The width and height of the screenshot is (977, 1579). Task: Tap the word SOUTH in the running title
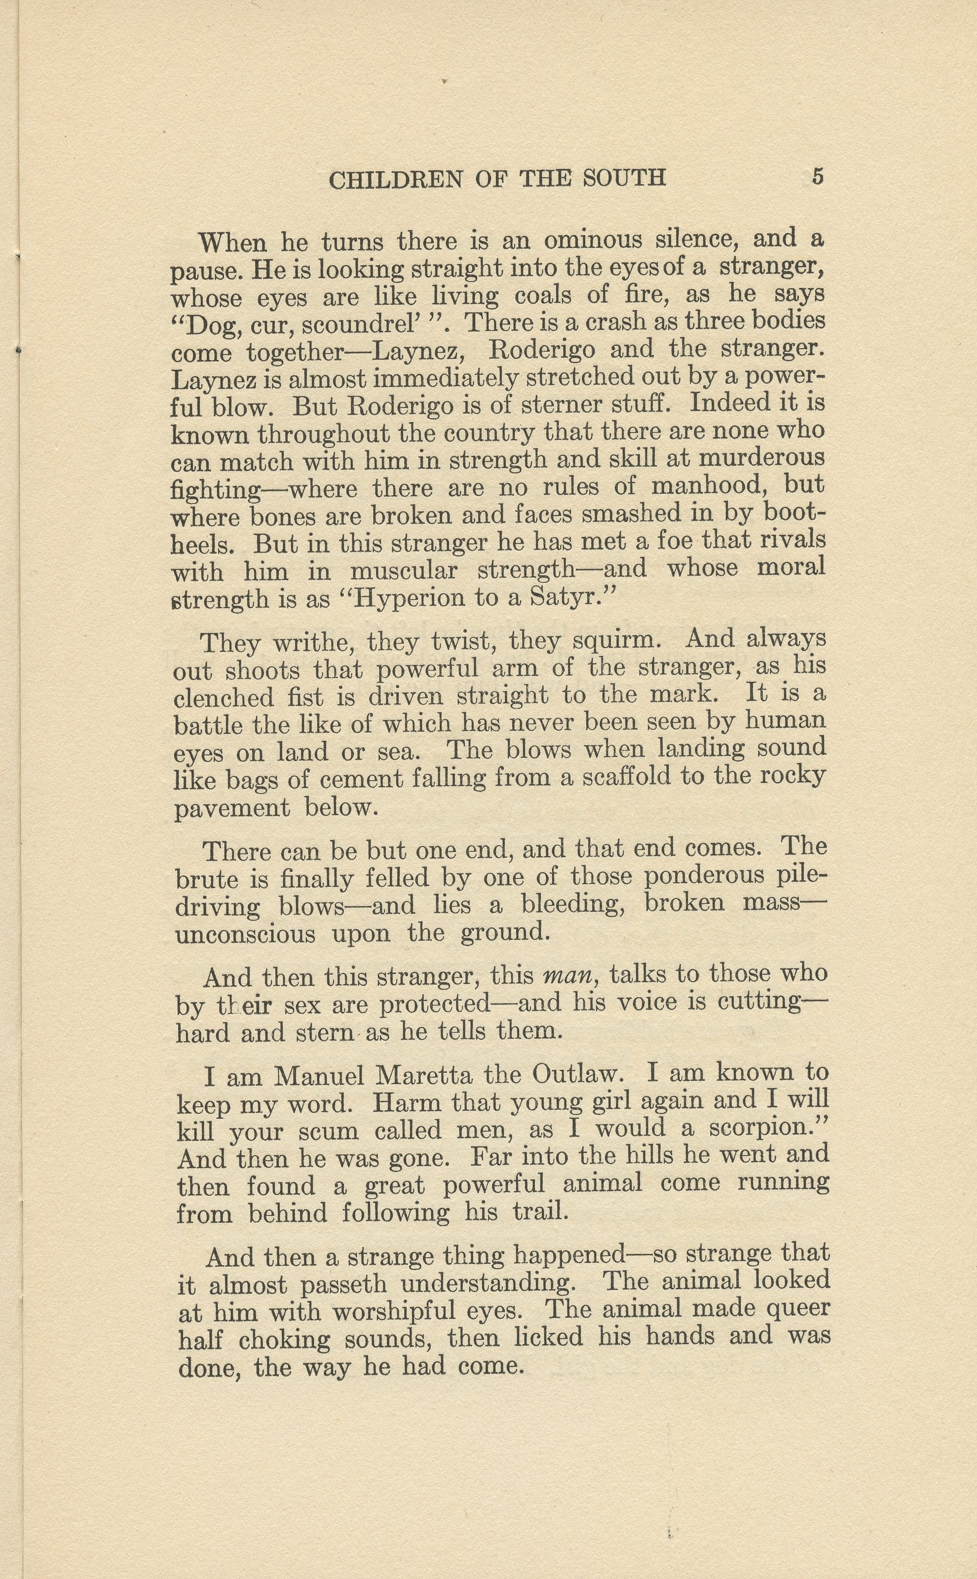(x=624, y=178)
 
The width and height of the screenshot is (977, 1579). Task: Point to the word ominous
(x=593, y=240)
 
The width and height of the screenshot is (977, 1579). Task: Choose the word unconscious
(x=246, y=935)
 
